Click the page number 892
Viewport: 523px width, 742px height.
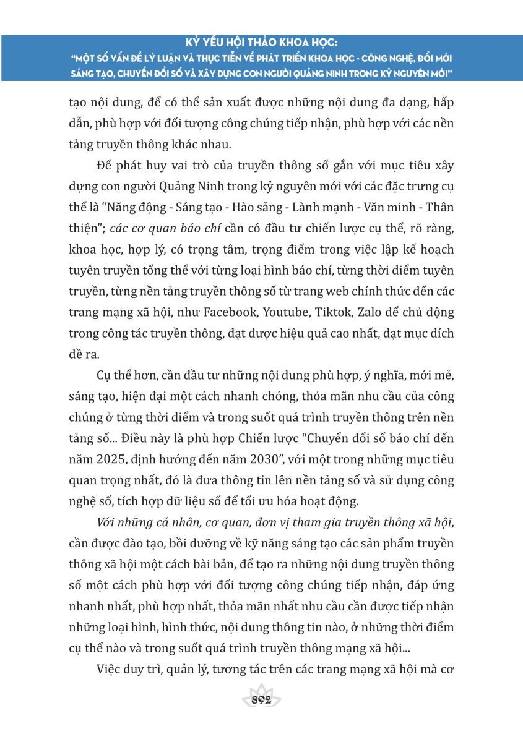[262, 701]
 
